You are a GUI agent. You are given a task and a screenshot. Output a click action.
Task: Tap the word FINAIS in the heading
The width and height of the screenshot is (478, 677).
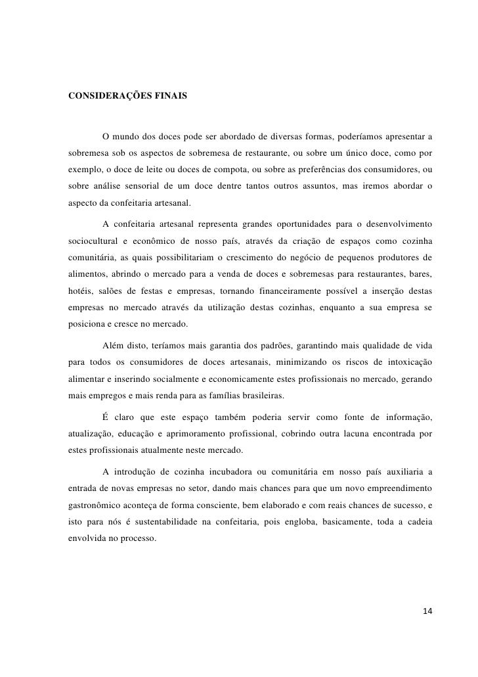pos(169,96)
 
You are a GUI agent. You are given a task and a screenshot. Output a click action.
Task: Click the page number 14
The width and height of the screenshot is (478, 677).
pos(427,611)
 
